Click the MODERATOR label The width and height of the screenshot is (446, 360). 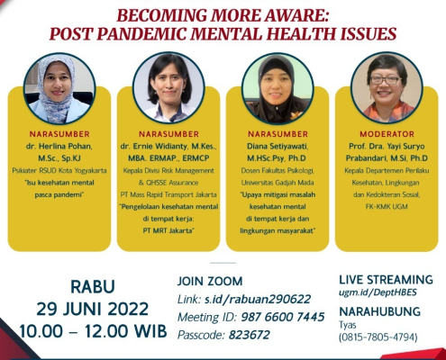pyautogui.click(x=387, y=134)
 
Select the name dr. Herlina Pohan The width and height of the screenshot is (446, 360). pyautogui.click(x=59, y=147)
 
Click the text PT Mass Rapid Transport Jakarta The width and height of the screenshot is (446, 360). pyautogui.click(x=168, y=194)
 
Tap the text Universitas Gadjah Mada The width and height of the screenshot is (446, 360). pyautogui.click(x=278, y=183)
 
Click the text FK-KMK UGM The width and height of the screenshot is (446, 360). pyautogui.click(x=387, y=206)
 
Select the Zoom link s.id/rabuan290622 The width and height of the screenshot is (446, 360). pyautogui.click(x=258, y=299)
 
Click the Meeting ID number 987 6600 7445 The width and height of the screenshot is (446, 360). pyautogui.click(x=283, y=317)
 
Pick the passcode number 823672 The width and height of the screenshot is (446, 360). pyautogui.click(x=250, y=335)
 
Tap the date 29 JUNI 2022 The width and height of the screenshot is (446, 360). pyautogui.click(x=93, y=309)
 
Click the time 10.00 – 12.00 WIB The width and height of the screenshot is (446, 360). pyautogui.click(x=93, y=331)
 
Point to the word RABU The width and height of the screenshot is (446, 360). pyautogui.click(x=93, y=286)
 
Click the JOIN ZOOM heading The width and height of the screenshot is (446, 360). pyautogui.click(x=210, y=282)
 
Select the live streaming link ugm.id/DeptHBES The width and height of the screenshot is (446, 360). pyautogui.click(x=378, y=292)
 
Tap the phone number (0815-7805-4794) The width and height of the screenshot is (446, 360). pyautogui.click(x=378, y=337)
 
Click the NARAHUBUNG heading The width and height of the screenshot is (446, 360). pyautogui.click(x=380, y=311)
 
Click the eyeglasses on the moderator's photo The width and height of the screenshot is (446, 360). pyautogui.click(x=386, y=80)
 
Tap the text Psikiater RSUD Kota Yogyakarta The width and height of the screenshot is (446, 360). pyautogui.click(x=59, y=170)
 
